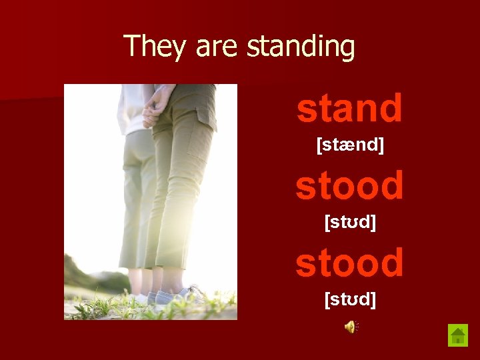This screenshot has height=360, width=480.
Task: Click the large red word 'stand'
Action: click(349, 109)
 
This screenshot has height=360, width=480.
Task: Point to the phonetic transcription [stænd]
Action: click(349, 144)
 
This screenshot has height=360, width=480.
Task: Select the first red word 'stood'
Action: click(349, 185)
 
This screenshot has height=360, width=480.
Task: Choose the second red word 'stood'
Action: click(349, 263)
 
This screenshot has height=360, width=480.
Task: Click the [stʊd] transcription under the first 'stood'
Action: click(349, 222)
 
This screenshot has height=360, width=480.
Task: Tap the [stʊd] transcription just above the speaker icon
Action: click(349, 299)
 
